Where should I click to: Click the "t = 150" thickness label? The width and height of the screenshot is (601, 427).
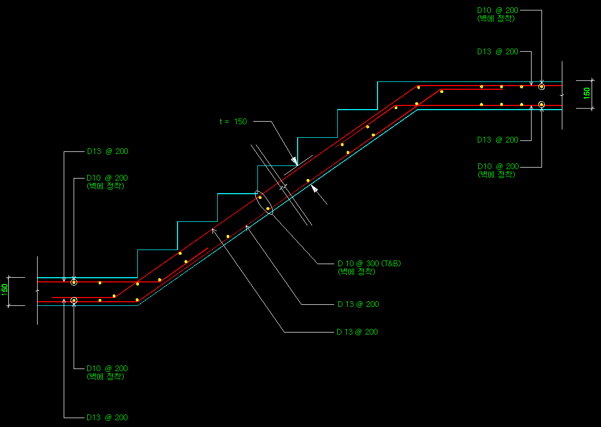(233, 122)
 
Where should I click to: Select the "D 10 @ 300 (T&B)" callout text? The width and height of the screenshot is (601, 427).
(369, 263)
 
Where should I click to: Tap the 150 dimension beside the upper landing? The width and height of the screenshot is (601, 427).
(586, 94)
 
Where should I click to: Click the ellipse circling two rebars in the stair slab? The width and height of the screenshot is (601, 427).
(264, 203)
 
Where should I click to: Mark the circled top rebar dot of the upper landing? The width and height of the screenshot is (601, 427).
(541, 87)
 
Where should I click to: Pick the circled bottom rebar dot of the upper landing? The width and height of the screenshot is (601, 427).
(541, 104)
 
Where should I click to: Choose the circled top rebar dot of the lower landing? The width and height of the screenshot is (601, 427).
(74, 282)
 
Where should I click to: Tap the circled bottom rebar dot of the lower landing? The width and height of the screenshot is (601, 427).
(74, 300)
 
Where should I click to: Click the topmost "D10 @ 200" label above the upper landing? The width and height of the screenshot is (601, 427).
(498, 10)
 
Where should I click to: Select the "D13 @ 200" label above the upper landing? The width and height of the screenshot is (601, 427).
(498, 52)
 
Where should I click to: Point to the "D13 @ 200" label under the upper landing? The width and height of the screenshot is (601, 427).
(498, 140)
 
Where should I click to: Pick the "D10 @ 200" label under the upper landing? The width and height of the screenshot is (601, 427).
(498, 167)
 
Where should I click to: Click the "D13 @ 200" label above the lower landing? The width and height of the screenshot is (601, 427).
(107, 152)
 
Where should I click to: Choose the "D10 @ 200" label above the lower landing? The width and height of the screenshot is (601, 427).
(107, 178)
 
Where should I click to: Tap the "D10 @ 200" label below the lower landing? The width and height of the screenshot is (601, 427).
(107, 369)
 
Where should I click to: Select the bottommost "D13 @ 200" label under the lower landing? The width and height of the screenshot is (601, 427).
(107, 418)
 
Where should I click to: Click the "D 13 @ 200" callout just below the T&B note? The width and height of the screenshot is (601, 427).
(358, 304)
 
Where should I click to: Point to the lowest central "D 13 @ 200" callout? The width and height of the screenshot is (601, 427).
(358, 332)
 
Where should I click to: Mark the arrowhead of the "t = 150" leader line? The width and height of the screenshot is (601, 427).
(295, 162)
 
